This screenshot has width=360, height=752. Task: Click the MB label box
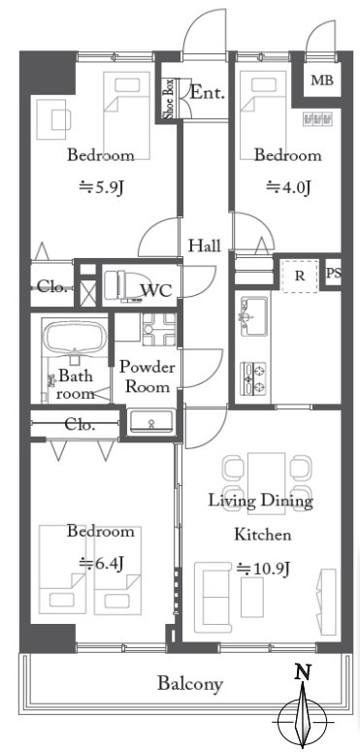click(x=321, y=81)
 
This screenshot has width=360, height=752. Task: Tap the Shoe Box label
click(x=169, y=99)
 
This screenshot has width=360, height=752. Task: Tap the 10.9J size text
click(x=263, y=569)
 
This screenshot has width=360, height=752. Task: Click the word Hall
click(x=204, y=246)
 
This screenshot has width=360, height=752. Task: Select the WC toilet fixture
click(x=122, y=286)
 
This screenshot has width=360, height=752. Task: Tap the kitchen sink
click(x=254, y=316)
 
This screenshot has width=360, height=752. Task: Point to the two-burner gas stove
click(x=253, y=378)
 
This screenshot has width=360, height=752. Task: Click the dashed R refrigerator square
click(x=300, y=277)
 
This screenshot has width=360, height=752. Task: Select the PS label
click(x=334, y=274)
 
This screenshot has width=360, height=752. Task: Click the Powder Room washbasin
click(x=152, y=421)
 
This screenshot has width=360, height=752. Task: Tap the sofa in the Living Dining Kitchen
click(x=213, y=598)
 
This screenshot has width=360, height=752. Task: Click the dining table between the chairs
click(x=267, y=483)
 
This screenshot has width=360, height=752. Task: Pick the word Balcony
click(x=190, y=683)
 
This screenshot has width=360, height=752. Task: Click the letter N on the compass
click(x=302, y=671)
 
